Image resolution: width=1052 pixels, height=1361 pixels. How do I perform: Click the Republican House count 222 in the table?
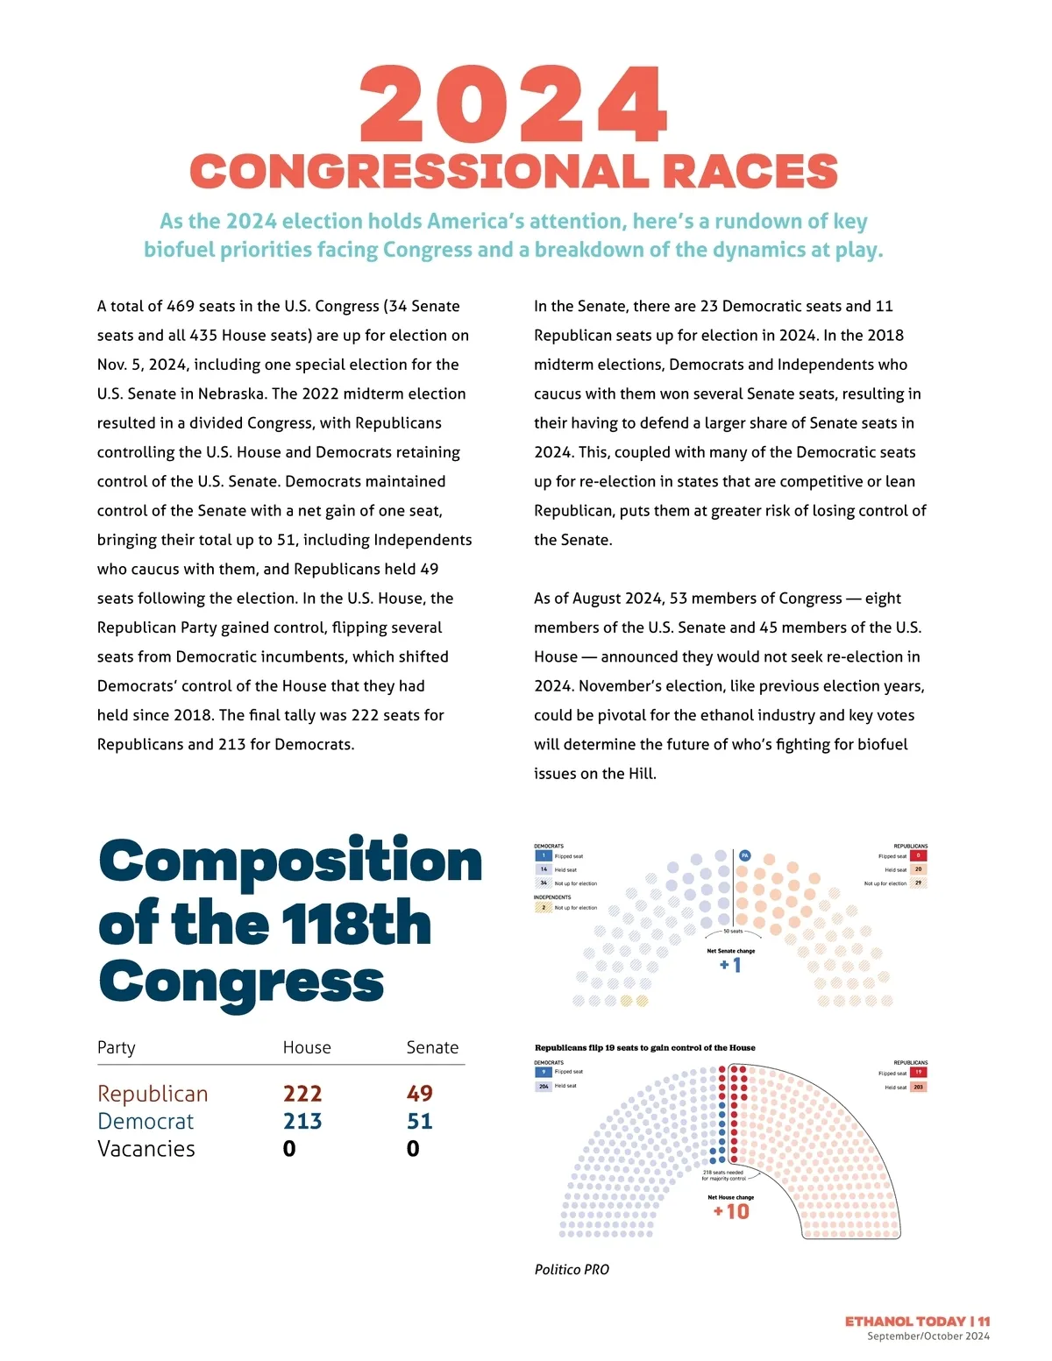pos(302,1094)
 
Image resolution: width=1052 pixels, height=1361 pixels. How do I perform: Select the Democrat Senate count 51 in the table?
pos(419,1122)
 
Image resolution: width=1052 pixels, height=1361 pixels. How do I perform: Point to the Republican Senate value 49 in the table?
pos(419,1094)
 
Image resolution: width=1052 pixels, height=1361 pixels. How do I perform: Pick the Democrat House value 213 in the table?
pos(302,1122)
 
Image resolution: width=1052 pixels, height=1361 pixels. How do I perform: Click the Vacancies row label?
pos(146,1149)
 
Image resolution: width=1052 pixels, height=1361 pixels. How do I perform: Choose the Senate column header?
pos(432,1047)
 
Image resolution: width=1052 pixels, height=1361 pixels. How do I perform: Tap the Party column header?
pos(117,1047)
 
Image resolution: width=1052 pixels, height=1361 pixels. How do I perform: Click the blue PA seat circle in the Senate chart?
pos(745,855)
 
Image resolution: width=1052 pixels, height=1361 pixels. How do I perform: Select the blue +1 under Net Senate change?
pos(730,965)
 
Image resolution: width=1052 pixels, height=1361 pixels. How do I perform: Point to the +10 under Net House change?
pos(731,1211)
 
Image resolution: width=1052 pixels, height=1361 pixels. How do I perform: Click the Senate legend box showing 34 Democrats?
pos(544,883)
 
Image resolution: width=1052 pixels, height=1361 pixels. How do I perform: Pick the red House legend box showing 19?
pos(918,1072)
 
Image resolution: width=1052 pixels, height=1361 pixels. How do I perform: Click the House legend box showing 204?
pos(544,1086)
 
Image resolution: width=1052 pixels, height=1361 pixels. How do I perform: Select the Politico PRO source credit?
pos(572,1269)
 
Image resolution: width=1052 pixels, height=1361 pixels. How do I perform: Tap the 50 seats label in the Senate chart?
pos(733,932)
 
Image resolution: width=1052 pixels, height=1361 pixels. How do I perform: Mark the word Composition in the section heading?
pos(290,861)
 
